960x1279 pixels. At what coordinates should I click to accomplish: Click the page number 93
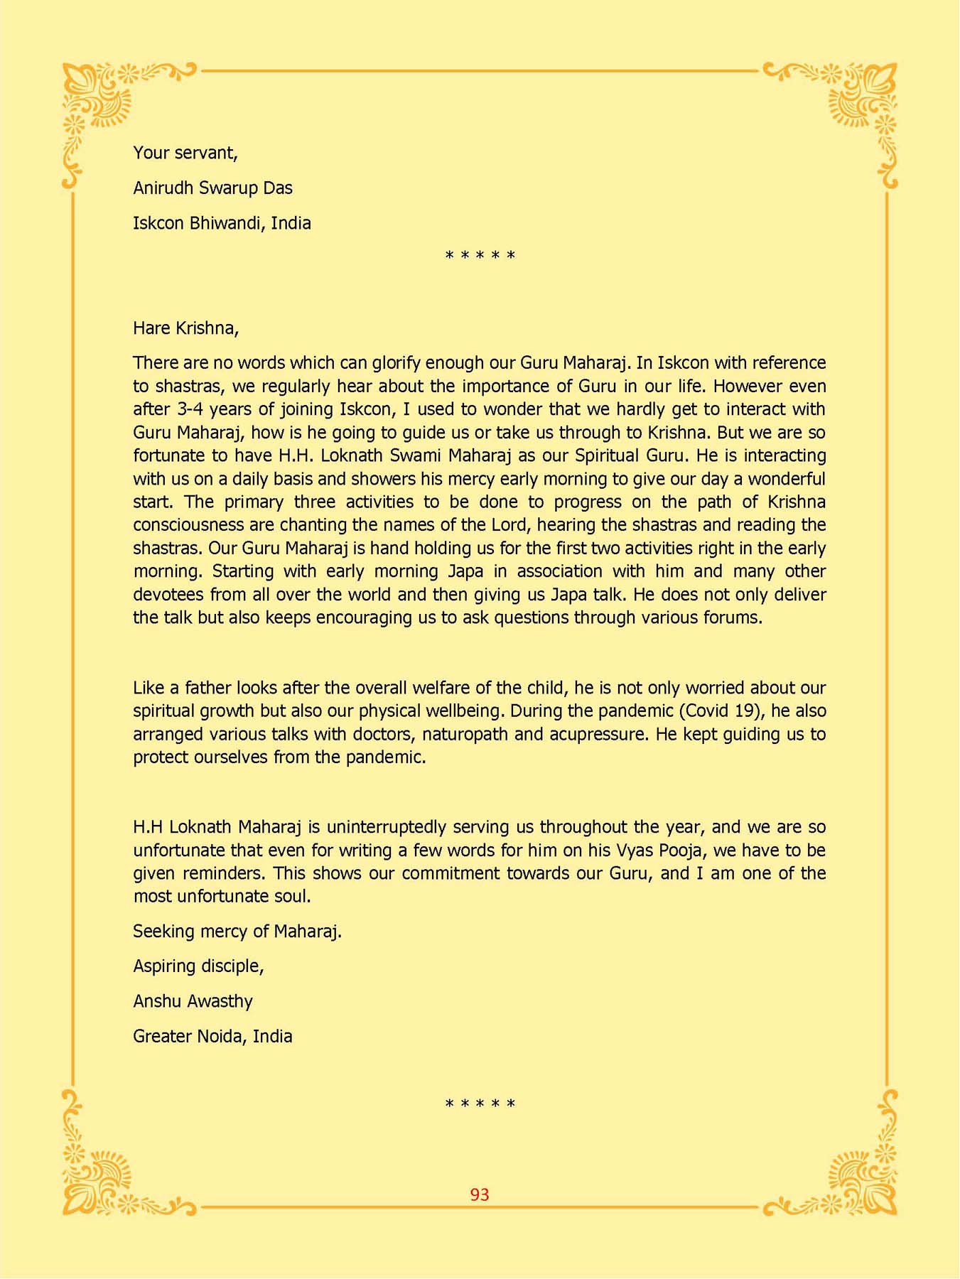tap(480, 1194)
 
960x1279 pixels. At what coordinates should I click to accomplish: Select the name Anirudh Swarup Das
tap(212, 188)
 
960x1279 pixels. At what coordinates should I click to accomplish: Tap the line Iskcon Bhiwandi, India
tap(222, 223)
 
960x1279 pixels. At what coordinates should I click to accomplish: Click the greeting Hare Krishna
tap(185, 328)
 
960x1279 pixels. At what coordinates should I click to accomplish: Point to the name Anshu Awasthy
tap(193, 1001)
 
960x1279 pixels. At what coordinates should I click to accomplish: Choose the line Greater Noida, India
tap(212, 1036)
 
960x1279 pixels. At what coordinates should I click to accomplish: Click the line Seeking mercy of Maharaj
tap(237, 931)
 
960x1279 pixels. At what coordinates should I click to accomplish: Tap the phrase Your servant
tap(185, 153)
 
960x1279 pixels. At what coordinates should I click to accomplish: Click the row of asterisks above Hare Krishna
tap(480, 256)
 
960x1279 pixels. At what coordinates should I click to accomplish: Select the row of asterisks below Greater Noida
tap(480, 1104)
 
